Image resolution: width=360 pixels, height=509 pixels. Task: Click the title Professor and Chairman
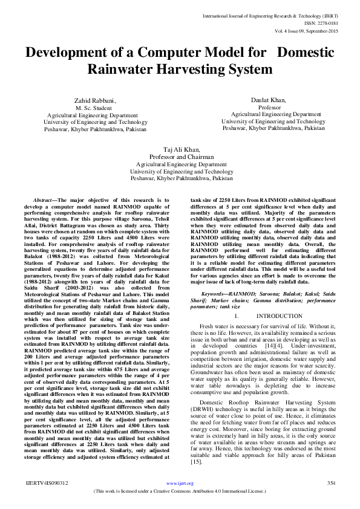point(182,157)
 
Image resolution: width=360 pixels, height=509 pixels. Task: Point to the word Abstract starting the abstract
point(42,199)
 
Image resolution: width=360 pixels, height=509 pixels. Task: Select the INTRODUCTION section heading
point(279,316)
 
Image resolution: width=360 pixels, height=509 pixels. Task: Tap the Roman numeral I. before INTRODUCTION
point(237,316)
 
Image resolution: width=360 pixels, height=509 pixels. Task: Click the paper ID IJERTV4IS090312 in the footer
point(47,500)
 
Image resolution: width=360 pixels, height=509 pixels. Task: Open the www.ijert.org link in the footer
point(180,500)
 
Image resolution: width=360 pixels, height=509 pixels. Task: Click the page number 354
point(331,500)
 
